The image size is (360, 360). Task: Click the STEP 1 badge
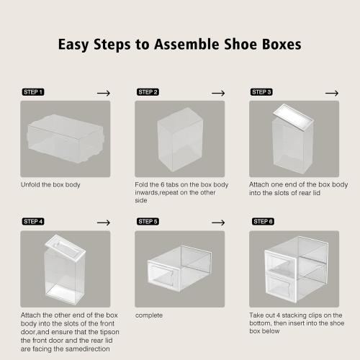point(33,92)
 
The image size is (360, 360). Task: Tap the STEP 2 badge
point(148,92)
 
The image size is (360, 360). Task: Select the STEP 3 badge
point(261,92)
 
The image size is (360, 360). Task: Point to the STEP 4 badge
point(33,222)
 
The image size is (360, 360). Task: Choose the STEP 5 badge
point(148,222)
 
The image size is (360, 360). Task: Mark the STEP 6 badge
point(261,222)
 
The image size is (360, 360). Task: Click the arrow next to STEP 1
point(103,93)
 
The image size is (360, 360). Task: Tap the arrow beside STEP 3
point(331,93)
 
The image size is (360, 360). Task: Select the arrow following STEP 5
point(217,222)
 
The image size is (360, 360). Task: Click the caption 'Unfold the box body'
point(50,184)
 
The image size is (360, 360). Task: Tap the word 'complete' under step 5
point(148,315)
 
